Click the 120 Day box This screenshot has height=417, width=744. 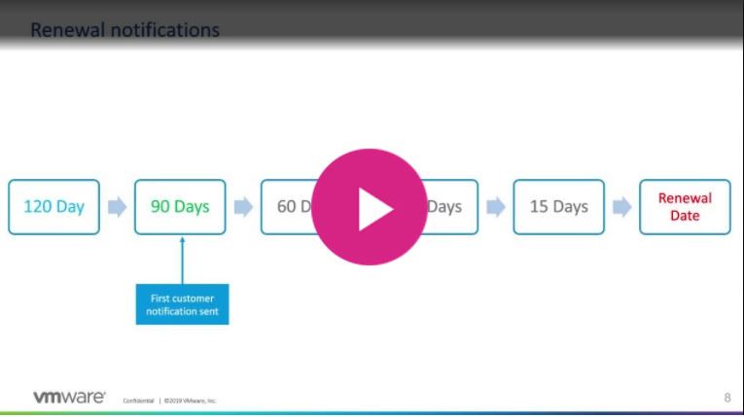(53, 207)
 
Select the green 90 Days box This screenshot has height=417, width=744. (180, 207)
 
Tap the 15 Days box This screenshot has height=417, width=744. (558, 207)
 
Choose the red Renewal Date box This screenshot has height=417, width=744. (685, 207)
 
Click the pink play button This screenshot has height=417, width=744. (370, 207)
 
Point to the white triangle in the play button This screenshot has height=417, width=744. (373, 208)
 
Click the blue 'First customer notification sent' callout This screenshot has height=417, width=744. (182, 304)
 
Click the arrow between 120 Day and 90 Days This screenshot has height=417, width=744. (117, 207)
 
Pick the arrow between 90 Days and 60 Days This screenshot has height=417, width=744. (243, 207)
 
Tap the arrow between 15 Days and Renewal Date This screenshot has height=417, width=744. (621, 207)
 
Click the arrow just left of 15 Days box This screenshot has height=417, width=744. (496, 207)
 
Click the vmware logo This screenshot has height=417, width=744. (69, 397)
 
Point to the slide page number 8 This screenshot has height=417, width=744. (727, 397)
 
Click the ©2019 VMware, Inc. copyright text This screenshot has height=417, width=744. (191, 400)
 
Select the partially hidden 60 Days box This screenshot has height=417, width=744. (287, 207)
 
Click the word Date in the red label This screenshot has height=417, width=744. (685, 216)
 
